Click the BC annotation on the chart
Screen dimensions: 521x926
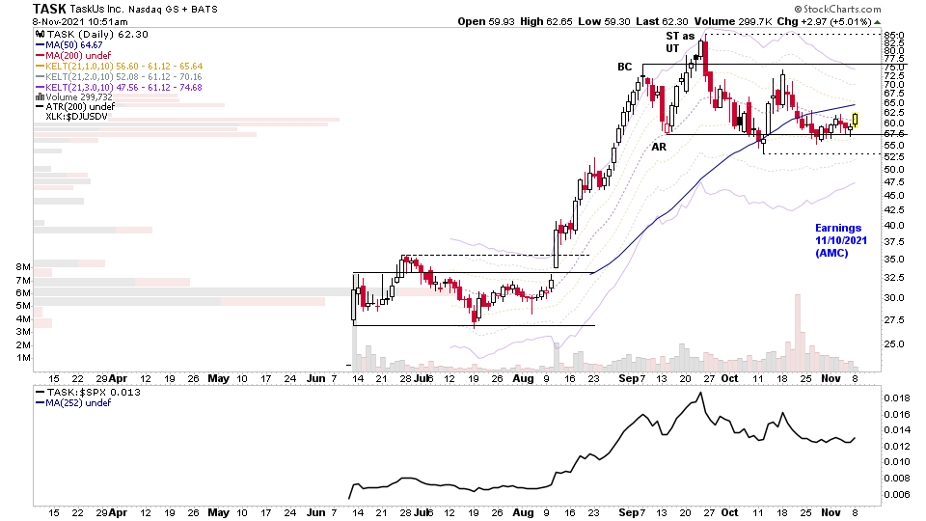625,68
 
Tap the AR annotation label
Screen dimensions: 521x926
659,147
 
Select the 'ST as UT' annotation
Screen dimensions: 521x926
680,41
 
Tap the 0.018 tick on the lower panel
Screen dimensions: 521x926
896,398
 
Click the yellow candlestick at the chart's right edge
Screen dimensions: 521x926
855,120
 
